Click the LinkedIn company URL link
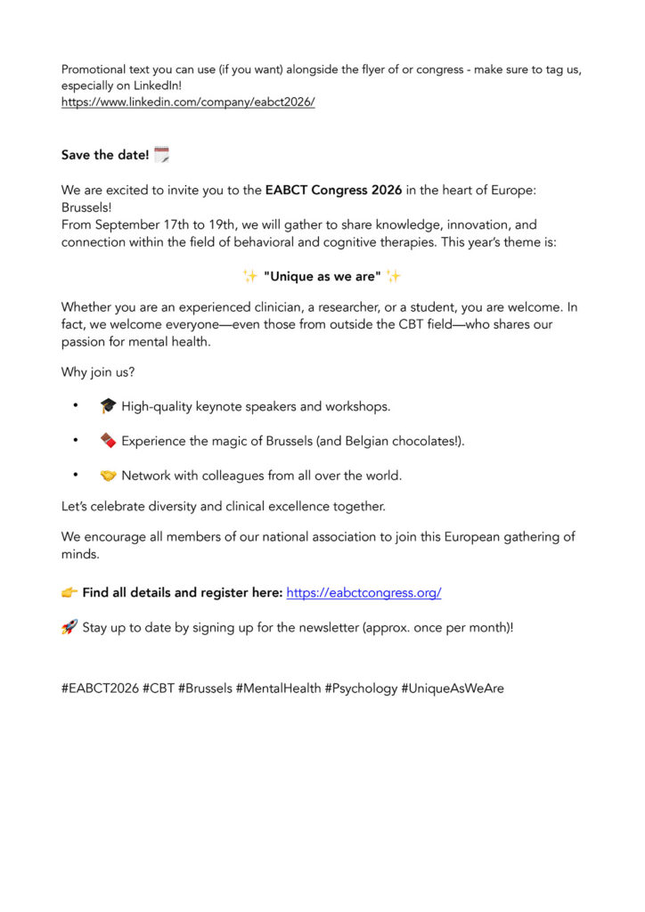(188, 102)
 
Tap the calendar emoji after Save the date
(161, 154)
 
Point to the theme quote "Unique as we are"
(322, 276)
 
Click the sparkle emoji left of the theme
(250, 276)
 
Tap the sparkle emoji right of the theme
(393, 276)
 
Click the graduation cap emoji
(108, 406)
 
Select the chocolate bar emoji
(108, 441)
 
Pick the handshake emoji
(108, 476)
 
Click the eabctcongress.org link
(363, 592)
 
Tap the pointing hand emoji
(69, 592)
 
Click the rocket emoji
(69, 627)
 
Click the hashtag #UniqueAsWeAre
(453, 688)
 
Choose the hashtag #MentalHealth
(279, 688)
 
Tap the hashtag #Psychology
(361, 688)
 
